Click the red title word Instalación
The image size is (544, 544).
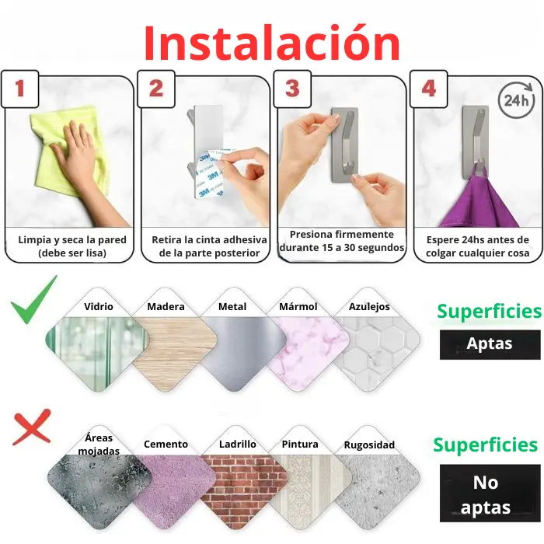272,43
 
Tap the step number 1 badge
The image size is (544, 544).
19,89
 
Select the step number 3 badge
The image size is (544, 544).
292,89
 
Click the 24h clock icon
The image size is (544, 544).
517,100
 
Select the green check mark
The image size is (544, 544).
34,300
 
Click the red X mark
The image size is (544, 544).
32,427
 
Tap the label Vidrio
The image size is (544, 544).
99,307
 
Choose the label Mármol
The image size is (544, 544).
298,307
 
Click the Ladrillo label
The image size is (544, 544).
238,444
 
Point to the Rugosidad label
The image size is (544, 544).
369,445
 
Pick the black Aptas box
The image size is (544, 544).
490,344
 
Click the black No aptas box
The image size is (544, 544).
490,493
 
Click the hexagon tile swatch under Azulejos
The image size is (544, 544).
376,350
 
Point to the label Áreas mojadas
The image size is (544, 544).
99,445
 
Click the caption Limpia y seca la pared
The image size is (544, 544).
72,239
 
